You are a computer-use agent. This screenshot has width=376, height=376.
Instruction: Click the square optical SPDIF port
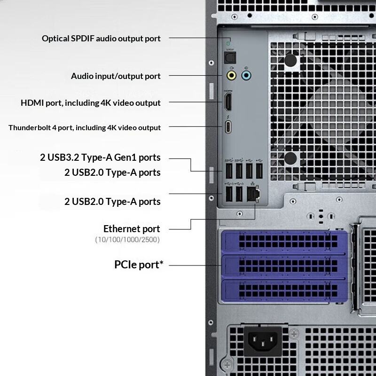(230, 58)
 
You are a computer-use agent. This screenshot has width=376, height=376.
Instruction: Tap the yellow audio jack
(231, 76)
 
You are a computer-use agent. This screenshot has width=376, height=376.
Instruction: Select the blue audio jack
(246, 76)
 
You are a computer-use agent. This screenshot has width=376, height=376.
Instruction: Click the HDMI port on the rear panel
(228, 102)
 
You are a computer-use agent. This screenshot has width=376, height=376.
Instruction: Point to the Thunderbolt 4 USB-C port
(228, 127)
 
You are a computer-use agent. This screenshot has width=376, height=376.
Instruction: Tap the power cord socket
(263, 341)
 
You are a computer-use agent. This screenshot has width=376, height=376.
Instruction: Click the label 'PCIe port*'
(139, 265)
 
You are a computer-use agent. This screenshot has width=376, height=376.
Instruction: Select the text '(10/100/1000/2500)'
(127, 240)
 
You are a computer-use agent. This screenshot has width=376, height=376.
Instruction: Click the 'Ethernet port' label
(132, 229)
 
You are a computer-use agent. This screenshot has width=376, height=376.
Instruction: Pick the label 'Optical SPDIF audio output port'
(101, 39)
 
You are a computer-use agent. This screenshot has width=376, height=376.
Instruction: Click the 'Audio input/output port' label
(116, 76)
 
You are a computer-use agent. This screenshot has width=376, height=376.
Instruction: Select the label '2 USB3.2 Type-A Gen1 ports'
(100, 157)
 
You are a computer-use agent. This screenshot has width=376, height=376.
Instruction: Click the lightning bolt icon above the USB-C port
(228, 117)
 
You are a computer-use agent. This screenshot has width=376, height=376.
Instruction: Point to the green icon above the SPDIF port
(228, 43)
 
